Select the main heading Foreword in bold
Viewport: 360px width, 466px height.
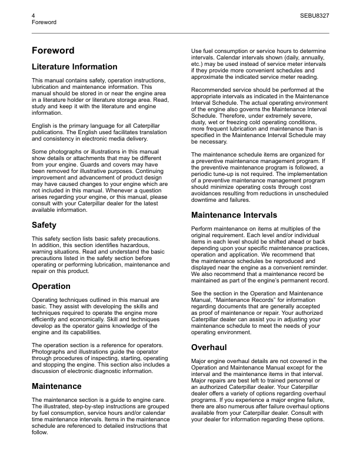tap(53, 51)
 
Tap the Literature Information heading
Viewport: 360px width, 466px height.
tap(74, 66)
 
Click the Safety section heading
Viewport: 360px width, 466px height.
tap(44, 225)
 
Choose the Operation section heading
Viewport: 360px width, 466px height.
tap(51, 286)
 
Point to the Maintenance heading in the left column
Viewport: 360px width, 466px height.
tap(56, 386)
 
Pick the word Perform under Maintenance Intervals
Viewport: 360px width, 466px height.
tap(204, 229)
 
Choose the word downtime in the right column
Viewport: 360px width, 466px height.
tap(208, 199)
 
